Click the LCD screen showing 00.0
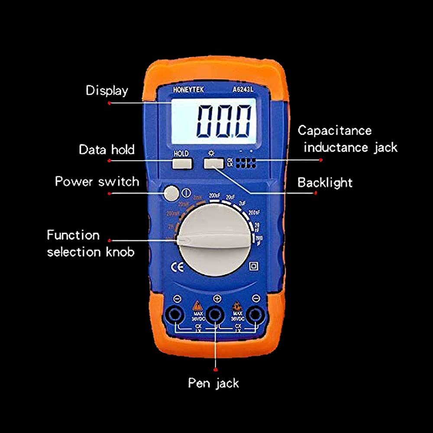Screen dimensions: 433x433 point(213,122)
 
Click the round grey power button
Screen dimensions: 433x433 point(171,193)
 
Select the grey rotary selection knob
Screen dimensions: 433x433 point(215,241)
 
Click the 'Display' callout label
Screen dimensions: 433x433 point(107,90)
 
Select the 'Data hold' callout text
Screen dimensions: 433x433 point(107,150)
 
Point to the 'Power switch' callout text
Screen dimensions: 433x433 point(97,181)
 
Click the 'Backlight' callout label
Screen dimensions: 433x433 point(325,182)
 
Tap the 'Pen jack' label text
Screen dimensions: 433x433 point(213,383)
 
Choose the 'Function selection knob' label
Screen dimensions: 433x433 point(90,243)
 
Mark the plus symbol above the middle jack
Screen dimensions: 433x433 point(217,298)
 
